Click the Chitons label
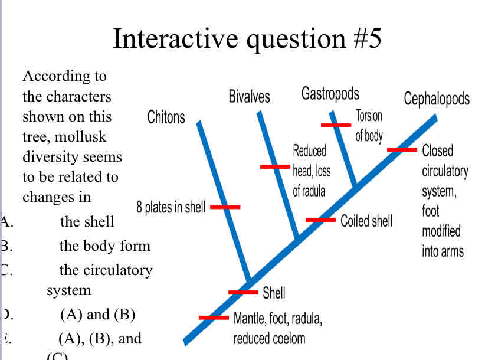(x=166, y=117)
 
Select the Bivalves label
(x=249, y=96)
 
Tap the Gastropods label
(x=330, y=93)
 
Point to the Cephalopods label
(x=437, y=98)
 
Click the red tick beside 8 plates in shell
(x=225, y=207)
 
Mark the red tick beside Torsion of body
(x=336, y=125)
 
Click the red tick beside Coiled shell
(x=320, y=220)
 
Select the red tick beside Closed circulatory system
(x=402, y=149)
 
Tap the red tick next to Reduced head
(x=275, y=167)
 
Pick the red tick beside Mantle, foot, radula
(x=214, y=318)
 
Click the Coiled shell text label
(x=366, y=221)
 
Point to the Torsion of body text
(x=369, y=125)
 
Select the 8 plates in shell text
(x=171, y=207)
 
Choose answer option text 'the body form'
(x=105, y=246)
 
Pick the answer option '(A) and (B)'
(x=98, y=315)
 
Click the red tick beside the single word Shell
(x=243, y=292)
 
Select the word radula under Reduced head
(x=314, y=191)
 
